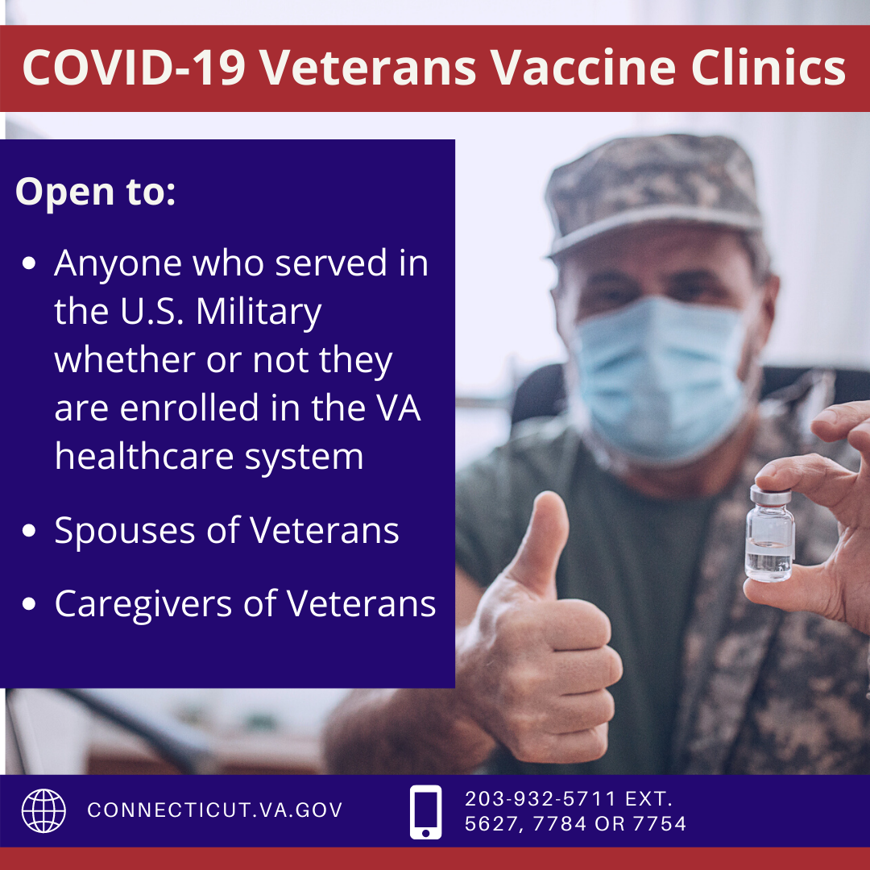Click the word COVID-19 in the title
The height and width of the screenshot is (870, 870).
[134, 68]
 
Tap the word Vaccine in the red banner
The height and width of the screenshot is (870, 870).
[582, 68]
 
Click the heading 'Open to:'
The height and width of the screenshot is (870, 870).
[95, 192]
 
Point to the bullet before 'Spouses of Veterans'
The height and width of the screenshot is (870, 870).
[29, 531]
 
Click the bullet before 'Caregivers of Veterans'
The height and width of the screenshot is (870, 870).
[29, 603]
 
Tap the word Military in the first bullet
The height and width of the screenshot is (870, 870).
[259, 313]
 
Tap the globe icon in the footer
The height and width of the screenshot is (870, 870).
[43, 810]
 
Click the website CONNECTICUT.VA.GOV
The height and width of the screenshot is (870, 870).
[215, 810]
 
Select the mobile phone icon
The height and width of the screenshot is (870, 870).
[425, 812]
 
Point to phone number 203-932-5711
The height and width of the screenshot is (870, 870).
[541, 799]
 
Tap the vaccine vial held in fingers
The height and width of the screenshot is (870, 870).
[770, 533]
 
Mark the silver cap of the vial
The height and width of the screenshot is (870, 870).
[771, 495]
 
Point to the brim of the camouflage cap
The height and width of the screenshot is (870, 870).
[655, 233]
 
